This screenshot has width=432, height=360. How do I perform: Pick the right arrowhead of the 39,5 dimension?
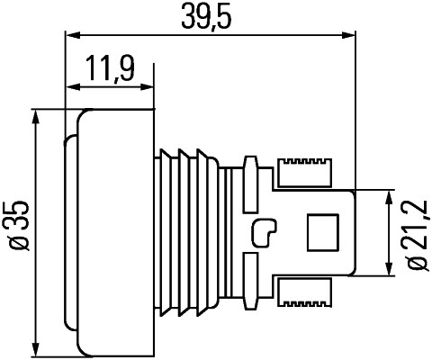click(x=346, y=36)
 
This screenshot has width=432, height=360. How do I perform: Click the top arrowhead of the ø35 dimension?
click(x=36, y=117)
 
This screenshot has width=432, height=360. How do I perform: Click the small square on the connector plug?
click(x=321, y=233)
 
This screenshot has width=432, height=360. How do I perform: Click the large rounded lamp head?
click(x=112, y=232)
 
